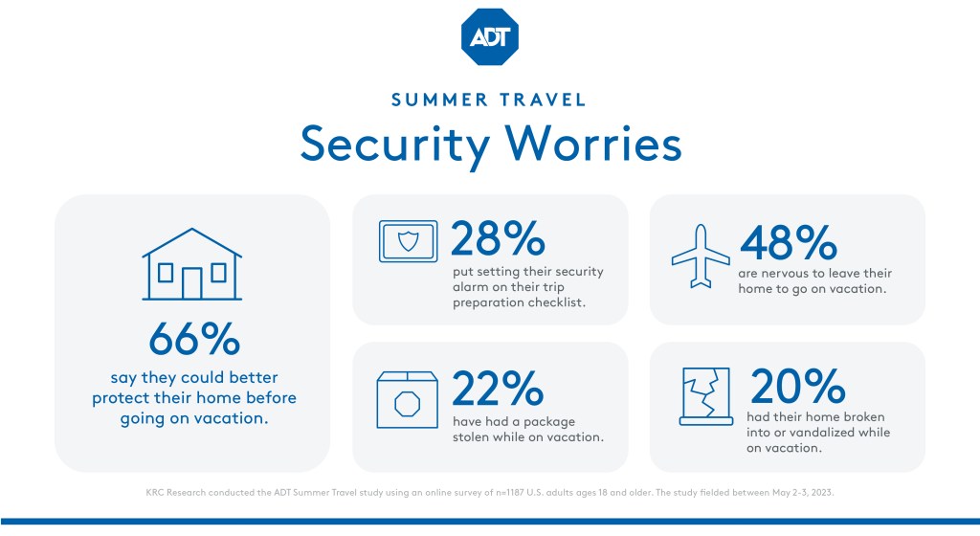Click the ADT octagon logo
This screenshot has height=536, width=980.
tap(489, 37)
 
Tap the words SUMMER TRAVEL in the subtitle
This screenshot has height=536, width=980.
tap(489, 100)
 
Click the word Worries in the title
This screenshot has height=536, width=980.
tap(593, 144)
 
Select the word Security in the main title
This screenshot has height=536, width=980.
tap(395, 145)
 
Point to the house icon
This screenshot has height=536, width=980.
tap(191, 263)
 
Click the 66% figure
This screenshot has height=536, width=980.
tap(194, 339)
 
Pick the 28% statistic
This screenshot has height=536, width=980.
tap(498, 238)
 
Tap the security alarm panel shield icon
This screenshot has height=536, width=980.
tap(408, 241)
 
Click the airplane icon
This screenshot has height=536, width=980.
tap(701, 257)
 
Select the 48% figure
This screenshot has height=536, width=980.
tap(789, 243)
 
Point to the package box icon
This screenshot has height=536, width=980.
tap(407, 400)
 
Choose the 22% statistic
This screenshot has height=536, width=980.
tap(498, 389)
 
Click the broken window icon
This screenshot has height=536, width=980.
tap(706, 396)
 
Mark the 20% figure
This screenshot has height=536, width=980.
tap(797, 386)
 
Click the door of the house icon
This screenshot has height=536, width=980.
tap(191, 283)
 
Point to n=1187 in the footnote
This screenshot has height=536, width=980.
tap(509, 492)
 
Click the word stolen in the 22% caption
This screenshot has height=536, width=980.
tap(471, 437)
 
